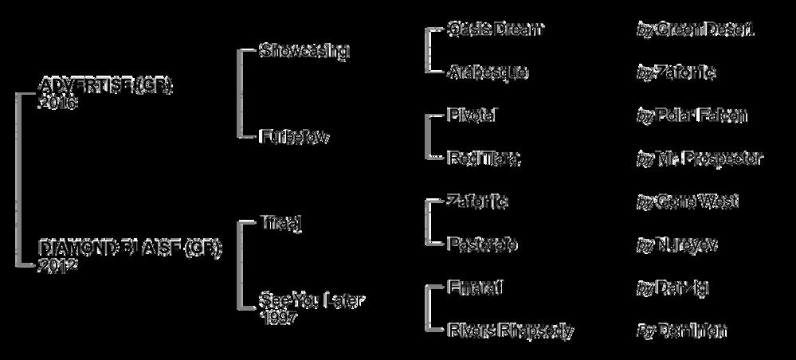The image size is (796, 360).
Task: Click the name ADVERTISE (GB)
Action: click(106, 86)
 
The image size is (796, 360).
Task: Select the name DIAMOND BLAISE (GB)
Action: click(131, 250)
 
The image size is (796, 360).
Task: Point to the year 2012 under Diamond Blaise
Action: click(57, 266)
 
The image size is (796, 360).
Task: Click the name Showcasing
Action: click(304, 51)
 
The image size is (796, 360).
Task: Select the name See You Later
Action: click(312, 302)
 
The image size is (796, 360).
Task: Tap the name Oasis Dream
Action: click(496, 29)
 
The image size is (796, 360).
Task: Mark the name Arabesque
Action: click(488, 72)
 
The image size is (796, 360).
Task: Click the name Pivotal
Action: click(473, 115)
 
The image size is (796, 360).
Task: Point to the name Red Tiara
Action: click(484, 158)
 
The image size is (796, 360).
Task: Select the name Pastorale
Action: click(483, 245)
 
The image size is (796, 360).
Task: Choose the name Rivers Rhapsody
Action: click(511, 331)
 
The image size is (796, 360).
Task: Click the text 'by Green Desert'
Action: click(696, 29)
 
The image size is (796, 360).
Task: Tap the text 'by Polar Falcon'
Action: click(692, 115)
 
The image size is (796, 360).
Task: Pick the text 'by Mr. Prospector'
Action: click(700, 158)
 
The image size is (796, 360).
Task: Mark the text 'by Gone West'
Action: click(688, 202)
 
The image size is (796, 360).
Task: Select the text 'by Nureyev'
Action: click(677, 245)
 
